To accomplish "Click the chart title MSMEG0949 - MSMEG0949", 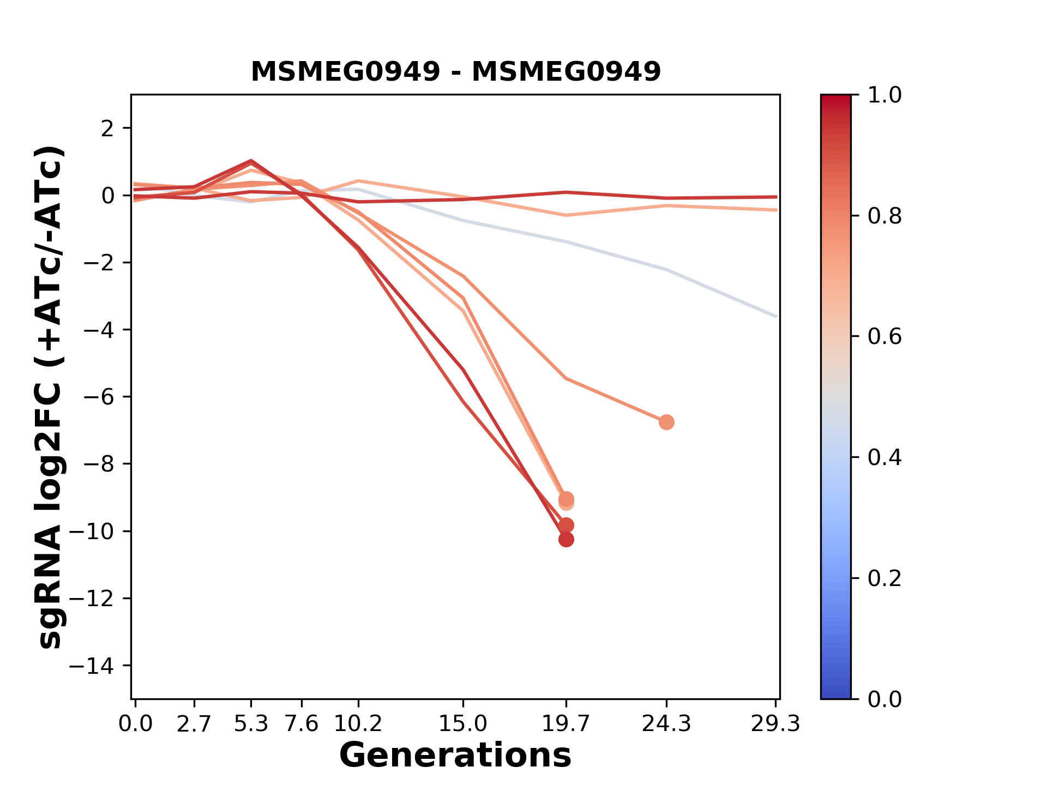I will coord(455,71).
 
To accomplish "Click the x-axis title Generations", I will coord(455,756).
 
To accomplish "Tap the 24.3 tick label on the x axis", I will coord(666,724).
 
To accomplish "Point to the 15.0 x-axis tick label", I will coord(462,724).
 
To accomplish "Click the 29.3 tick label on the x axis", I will coord(775,724).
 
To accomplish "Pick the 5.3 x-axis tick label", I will coord(251,724).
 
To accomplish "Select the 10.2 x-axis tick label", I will coord(358,724).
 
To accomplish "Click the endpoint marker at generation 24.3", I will coord(666,422).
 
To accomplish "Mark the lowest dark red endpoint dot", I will coord(566,540).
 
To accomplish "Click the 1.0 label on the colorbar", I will coord(884,95).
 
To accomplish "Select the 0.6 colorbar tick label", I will coord(884,336).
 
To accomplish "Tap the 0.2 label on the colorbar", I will coord(884,578).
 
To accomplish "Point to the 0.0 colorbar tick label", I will coord(884,699).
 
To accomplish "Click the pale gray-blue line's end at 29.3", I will coord(775,316).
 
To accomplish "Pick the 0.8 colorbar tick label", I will coord(884,216).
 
